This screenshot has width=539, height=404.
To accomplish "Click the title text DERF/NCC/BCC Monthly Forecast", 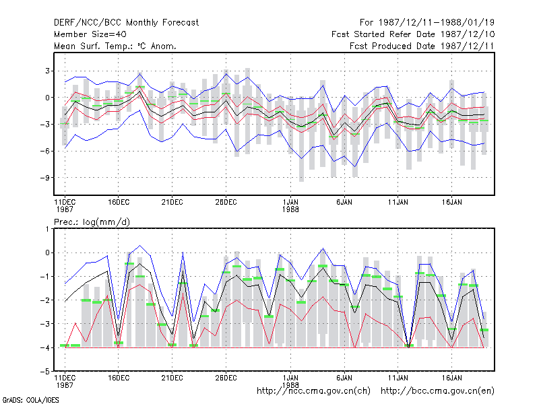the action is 126,23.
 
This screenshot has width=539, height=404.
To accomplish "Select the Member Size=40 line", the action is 90,34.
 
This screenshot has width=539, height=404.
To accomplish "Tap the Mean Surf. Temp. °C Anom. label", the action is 115,46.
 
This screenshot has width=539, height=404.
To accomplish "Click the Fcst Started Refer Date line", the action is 413,34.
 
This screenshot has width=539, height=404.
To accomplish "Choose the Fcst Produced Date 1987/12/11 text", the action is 422,46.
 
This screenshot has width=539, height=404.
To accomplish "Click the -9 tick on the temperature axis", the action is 44,178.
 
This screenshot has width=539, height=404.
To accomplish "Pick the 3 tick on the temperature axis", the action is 47,71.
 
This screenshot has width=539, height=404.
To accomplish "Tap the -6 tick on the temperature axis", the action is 44,151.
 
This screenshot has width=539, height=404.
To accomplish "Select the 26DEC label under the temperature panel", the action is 226,202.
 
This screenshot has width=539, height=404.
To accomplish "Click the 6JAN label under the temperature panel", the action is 344,202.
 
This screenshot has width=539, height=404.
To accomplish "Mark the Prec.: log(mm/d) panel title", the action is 92,222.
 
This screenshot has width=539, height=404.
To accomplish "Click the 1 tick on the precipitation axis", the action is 47,229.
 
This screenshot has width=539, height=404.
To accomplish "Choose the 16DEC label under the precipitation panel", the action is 119,378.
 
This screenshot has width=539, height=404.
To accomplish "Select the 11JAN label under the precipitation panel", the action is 398,378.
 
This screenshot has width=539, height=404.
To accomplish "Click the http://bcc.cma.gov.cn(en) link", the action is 437,391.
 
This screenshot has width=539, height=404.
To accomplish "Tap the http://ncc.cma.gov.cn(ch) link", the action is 313,391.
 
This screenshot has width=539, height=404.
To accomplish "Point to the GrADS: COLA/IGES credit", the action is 30,400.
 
